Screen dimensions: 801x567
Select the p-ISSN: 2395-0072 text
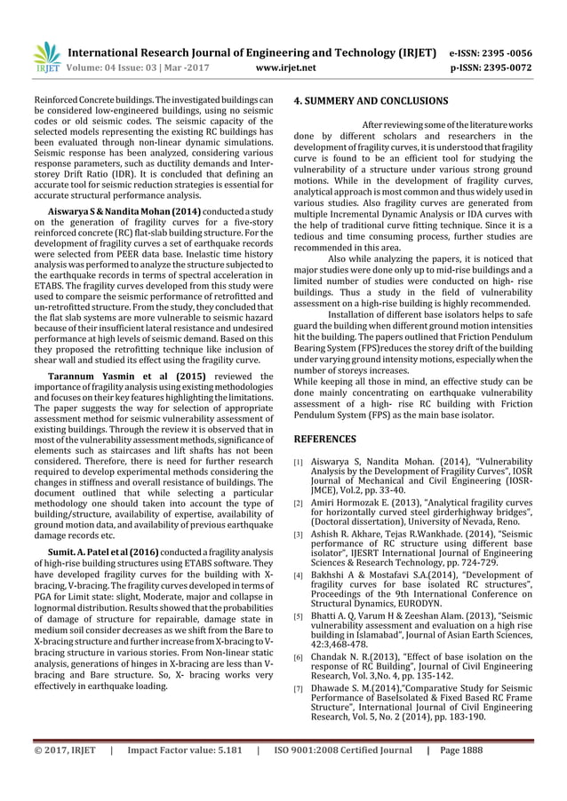[491, 67]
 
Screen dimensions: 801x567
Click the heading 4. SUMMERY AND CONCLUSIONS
[371, 101]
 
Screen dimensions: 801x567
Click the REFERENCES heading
[324, 439]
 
